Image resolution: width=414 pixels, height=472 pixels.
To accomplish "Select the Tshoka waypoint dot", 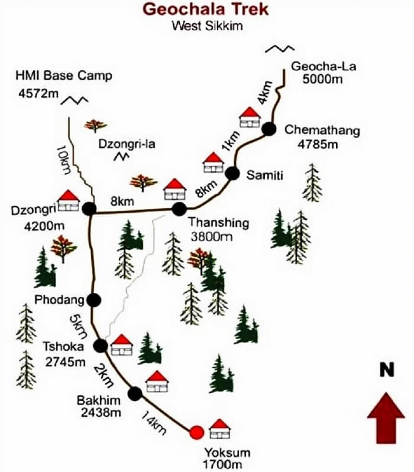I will [x=102, y=346].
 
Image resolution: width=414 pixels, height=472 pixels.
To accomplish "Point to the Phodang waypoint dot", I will [x=93, y=299].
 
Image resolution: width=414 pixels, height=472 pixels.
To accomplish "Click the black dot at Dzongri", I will [x=89, y=209].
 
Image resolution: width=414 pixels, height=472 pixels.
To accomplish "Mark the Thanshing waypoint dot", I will [x=179, y=209].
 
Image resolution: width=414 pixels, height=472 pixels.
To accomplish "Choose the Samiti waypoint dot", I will [x=232, y=173].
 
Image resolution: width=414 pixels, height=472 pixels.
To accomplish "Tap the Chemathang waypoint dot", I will [x=269, y=129].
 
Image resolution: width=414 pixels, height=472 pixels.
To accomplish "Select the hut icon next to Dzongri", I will [x=69, y=200].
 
